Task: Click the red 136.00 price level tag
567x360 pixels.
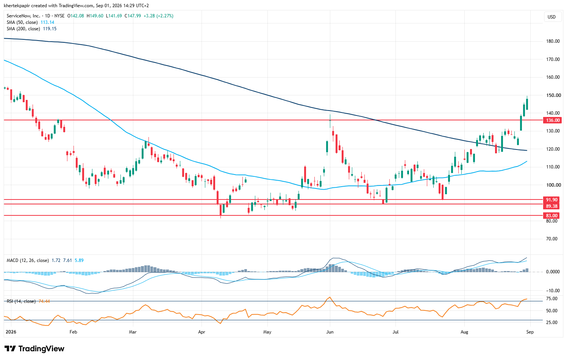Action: coord(553,120)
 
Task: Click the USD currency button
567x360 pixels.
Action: coord(551,17)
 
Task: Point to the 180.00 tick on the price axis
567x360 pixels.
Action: coord(553,41)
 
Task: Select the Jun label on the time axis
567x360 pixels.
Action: coord(330,332)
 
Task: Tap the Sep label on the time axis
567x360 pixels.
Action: coord(530,332)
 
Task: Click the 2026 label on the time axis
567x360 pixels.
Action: coord(11,332)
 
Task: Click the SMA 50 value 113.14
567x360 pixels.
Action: coord(47,22)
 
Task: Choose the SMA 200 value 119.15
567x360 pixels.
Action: coord(50,29)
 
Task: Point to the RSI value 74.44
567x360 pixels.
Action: coord(44,301)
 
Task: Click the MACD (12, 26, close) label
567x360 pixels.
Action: coord(28,260)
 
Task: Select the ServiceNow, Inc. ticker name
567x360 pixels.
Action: coord(23,16)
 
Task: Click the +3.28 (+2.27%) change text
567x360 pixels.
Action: coord(158,16)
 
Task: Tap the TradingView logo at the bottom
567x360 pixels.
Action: coord(34,349)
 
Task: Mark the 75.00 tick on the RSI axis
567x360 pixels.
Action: coord(552,299)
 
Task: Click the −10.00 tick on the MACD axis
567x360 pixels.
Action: coord(552,291)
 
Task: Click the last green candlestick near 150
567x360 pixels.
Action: coord(527,104)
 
